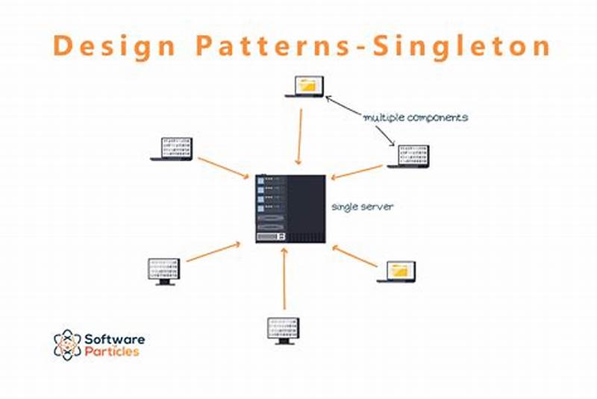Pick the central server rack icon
(290, 208)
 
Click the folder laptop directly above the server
(306, 87)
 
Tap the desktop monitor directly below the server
(284, 330)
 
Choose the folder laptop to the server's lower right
(396, 271)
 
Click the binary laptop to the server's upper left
(172, 148)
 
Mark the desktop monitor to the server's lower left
(163, 271)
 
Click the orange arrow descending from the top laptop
(300, 136)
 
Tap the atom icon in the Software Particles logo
(67, 345)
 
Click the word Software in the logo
(115, 339)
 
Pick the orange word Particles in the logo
(113, 352)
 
